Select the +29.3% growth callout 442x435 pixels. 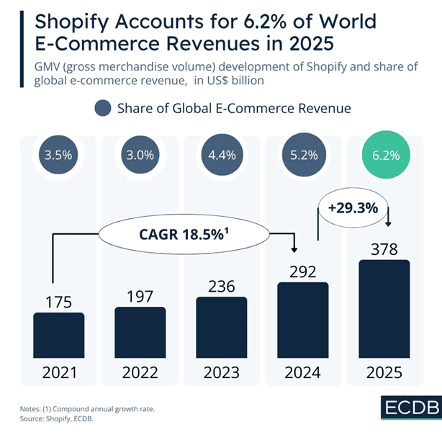pos(353,207)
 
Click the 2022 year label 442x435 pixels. pos(140,375)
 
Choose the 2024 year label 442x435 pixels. pos(302,375)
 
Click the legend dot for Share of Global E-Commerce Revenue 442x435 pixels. pos(103,109)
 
